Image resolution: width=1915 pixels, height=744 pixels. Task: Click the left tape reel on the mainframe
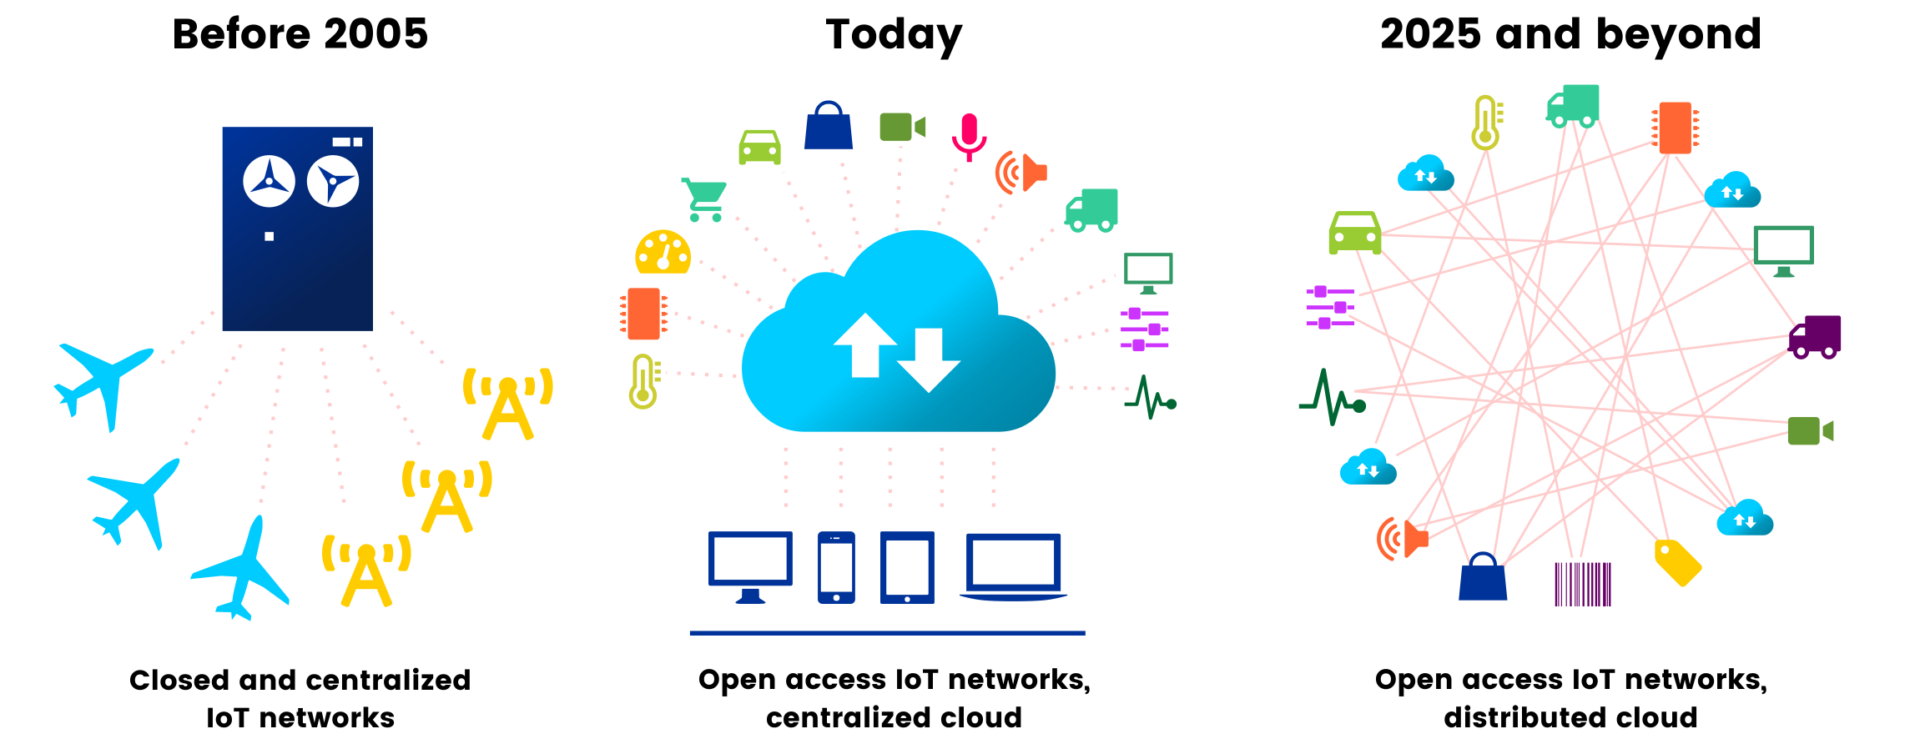click(269, 181)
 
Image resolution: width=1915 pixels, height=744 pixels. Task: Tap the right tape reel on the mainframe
click(333, 182)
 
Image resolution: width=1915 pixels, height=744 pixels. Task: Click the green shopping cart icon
click(704, 199)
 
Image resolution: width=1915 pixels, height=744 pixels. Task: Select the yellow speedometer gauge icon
click(663, 253)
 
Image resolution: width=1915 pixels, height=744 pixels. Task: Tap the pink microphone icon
click(969, 136)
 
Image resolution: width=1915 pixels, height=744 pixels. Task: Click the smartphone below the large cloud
click(836, 567)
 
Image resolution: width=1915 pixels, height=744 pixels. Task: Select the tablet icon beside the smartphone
click(907, 567)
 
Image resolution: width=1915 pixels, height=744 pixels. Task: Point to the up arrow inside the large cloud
click(865, 346)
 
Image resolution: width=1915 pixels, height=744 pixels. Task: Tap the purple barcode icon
click(1582, 584)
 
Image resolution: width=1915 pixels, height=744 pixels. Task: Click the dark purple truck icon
click(1815, 336)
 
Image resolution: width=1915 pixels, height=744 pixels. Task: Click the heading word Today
click(894, 35)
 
